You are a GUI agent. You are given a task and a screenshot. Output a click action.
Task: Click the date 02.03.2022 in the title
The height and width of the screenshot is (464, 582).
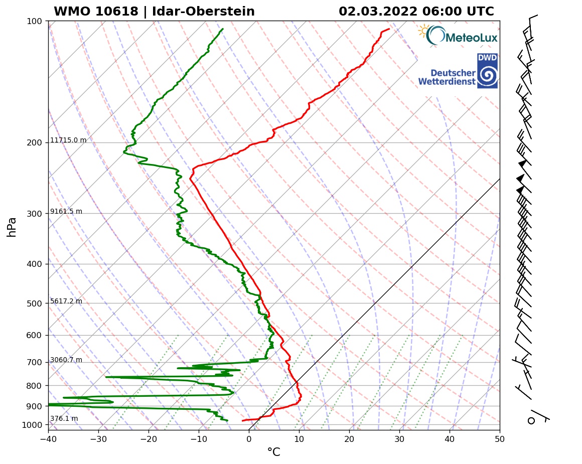pos(377,12)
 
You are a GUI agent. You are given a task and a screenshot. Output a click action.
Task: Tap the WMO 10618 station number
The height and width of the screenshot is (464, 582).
pos(95,12)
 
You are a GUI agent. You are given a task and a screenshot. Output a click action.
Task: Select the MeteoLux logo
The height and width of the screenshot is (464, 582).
pos(458,36)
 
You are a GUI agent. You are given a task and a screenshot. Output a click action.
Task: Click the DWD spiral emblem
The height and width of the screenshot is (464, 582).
pos(487,75)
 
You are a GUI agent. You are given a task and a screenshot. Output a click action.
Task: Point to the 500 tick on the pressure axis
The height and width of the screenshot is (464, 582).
pos(34,303)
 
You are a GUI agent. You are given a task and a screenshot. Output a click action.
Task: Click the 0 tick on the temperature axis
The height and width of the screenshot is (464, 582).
pos(249,439)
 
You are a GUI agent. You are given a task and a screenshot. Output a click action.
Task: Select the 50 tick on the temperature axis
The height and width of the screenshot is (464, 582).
pos(500,439)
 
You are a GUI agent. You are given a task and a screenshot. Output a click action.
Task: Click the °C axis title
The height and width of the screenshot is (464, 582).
pos(273,452)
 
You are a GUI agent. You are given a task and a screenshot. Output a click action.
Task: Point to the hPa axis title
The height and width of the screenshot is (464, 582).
pos(12,227)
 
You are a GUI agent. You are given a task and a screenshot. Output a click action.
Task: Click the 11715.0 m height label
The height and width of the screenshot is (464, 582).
pos(68,140)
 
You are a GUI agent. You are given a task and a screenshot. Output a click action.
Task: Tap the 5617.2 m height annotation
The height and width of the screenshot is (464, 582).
pos(66,301)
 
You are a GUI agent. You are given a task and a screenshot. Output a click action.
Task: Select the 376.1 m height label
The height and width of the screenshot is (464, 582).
pos(64,419)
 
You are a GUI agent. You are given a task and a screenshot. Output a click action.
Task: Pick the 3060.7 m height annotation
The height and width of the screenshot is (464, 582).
pos(66,360)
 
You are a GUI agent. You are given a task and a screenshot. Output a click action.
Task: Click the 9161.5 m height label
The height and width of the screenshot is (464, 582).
pos(66,212)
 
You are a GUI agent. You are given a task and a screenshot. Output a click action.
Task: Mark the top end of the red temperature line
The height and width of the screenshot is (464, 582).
pos(389,29)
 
